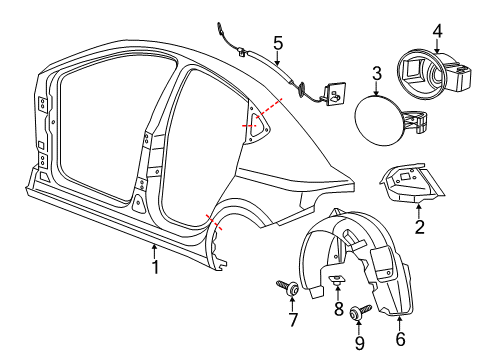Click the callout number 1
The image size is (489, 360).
pyautogui.click(x=155, y=267)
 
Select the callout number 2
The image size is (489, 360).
pyautogui.click(x=419, y=226)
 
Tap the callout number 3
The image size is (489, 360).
pyautogui.click(x=377, y=73)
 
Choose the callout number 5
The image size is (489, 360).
pyautogui.click(x=279, y=43)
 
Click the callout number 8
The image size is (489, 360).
pyautogui.click(x=338, y=308)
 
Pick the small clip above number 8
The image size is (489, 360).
pyautogui.click(x=337, y=280)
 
